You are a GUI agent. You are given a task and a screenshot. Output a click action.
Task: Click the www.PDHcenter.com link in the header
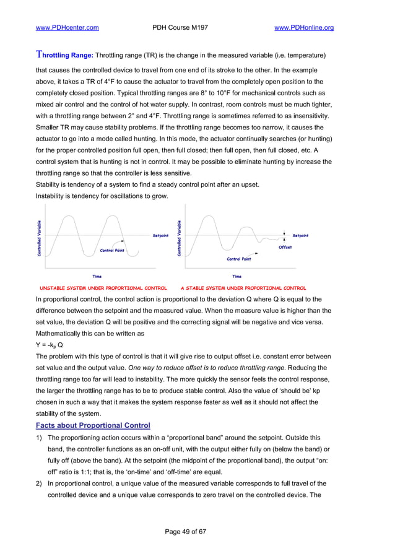click(x=67, y=28)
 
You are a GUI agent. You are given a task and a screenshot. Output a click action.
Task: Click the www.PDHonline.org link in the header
click(x=304, y=28)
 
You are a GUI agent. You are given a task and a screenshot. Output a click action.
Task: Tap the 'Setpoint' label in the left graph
click(x=160, y=236)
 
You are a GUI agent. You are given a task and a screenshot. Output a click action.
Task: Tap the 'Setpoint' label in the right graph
click(x=300, y=236)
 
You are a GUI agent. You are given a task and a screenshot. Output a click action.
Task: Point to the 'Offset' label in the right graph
click(x=285, y=247)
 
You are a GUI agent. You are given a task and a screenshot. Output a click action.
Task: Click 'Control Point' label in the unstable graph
click(x=112, y=251)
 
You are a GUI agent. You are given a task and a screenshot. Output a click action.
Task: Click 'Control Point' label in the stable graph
click(x=238, y=259)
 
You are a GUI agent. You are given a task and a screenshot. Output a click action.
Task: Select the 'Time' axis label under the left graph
click(x=97, y=276)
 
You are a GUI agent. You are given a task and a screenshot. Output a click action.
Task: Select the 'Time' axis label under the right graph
click(x=237, y=276)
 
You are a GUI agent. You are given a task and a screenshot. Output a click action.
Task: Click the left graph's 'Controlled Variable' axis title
click(x=40, y=238)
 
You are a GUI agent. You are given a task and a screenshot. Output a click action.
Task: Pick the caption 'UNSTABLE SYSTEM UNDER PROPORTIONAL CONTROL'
click(x=103, y=288)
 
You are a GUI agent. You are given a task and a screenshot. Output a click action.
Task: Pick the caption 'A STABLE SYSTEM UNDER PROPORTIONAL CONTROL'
click(x=243, y=288)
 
